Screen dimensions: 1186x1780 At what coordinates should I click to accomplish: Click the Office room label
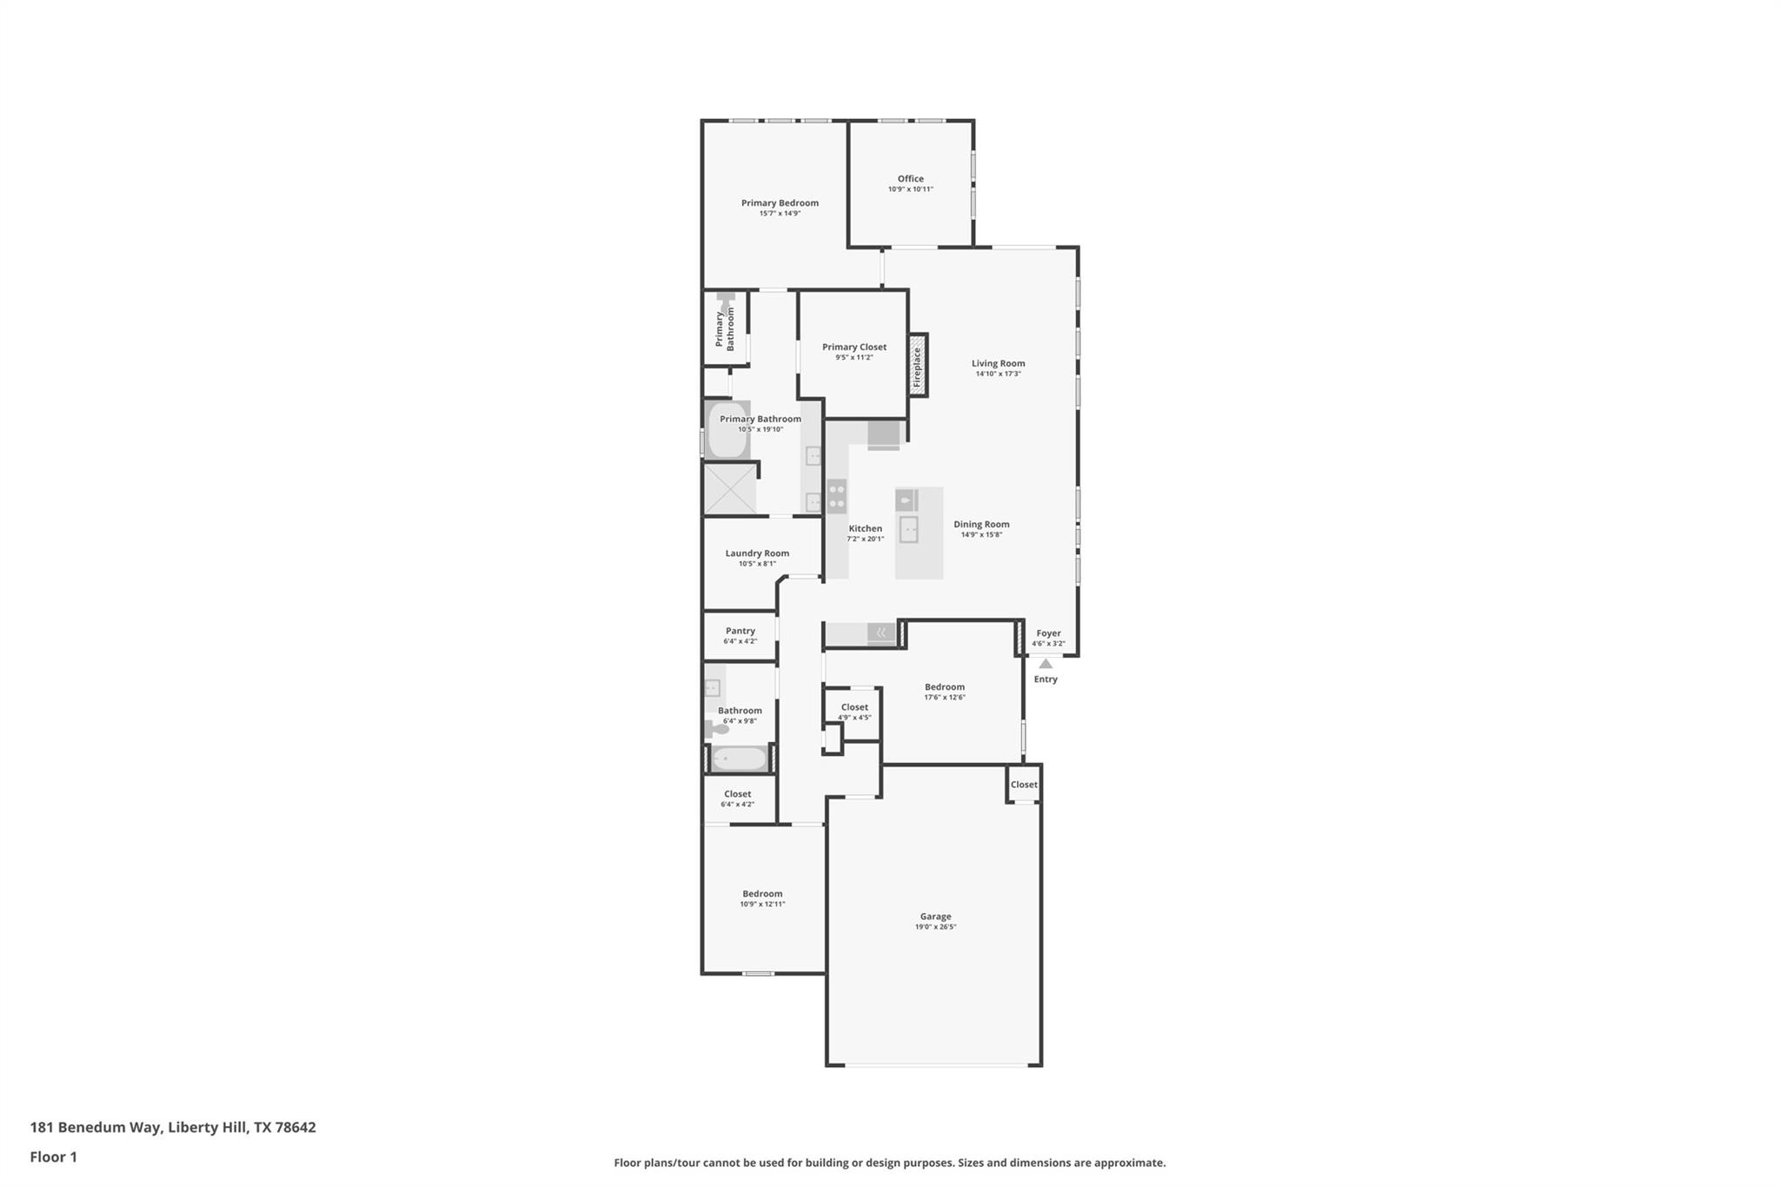tap(910, 179)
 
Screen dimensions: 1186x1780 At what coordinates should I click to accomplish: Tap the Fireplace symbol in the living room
tap(917, 366)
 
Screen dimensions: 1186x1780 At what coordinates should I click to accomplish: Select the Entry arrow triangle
tap(1046, 664)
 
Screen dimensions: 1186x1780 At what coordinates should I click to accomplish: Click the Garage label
tap(935, 916)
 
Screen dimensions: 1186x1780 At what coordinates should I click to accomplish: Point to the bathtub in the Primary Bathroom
tap(728, 430)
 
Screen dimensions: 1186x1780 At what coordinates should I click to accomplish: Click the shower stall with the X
tap(729, 489)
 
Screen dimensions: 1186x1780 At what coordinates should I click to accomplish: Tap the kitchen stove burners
tap(836, 496)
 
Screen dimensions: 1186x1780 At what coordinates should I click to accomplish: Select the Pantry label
tap(740, 631)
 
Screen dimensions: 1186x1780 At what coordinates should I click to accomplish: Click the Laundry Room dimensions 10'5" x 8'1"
tap(757, 564)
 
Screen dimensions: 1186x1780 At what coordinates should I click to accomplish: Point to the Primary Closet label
tap(854, 347)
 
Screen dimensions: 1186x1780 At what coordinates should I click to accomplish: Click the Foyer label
tap(1048, 633)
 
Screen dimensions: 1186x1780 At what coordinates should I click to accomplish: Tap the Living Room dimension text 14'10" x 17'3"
tap(998, 374)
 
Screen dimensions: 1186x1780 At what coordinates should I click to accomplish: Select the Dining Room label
tap(981, 524)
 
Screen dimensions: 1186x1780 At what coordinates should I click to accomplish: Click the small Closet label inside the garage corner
tap(1024, 785)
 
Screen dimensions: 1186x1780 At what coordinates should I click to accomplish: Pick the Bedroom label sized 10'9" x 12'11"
tap(762, 893)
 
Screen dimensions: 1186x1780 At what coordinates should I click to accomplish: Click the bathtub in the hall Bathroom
tap(739, 759)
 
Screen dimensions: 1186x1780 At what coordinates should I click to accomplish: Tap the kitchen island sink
tap(908, 529)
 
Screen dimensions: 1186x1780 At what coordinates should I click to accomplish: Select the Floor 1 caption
tap(54, 1156)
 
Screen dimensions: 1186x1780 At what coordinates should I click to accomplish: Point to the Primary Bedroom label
tap(780, 203)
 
